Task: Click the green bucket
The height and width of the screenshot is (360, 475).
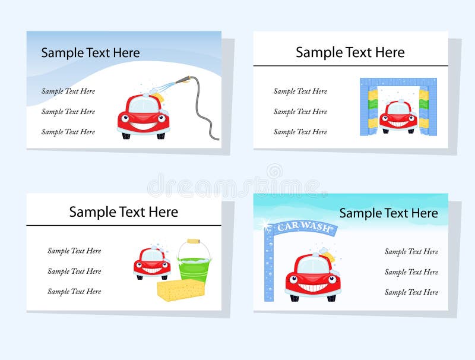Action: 194,266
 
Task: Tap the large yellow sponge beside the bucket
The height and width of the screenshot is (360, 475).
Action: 180,290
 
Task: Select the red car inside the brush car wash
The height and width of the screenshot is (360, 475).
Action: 398,115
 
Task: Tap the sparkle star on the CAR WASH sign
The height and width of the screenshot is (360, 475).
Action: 265,224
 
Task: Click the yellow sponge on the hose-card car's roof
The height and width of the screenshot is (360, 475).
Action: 157,94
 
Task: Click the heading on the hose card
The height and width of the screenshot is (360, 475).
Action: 90,53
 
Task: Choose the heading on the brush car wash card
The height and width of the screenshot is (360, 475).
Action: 350,52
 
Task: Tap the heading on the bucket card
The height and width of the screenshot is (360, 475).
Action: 123,212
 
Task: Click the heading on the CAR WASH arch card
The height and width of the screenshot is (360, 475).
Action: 388,213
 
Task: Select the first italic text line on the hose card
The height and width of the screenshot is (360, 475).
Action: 68,91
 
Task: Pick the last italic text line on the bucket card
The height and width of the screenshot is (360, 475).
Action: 74,292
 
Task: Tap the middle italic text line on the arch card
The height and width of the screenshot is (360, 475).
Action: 411,272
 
